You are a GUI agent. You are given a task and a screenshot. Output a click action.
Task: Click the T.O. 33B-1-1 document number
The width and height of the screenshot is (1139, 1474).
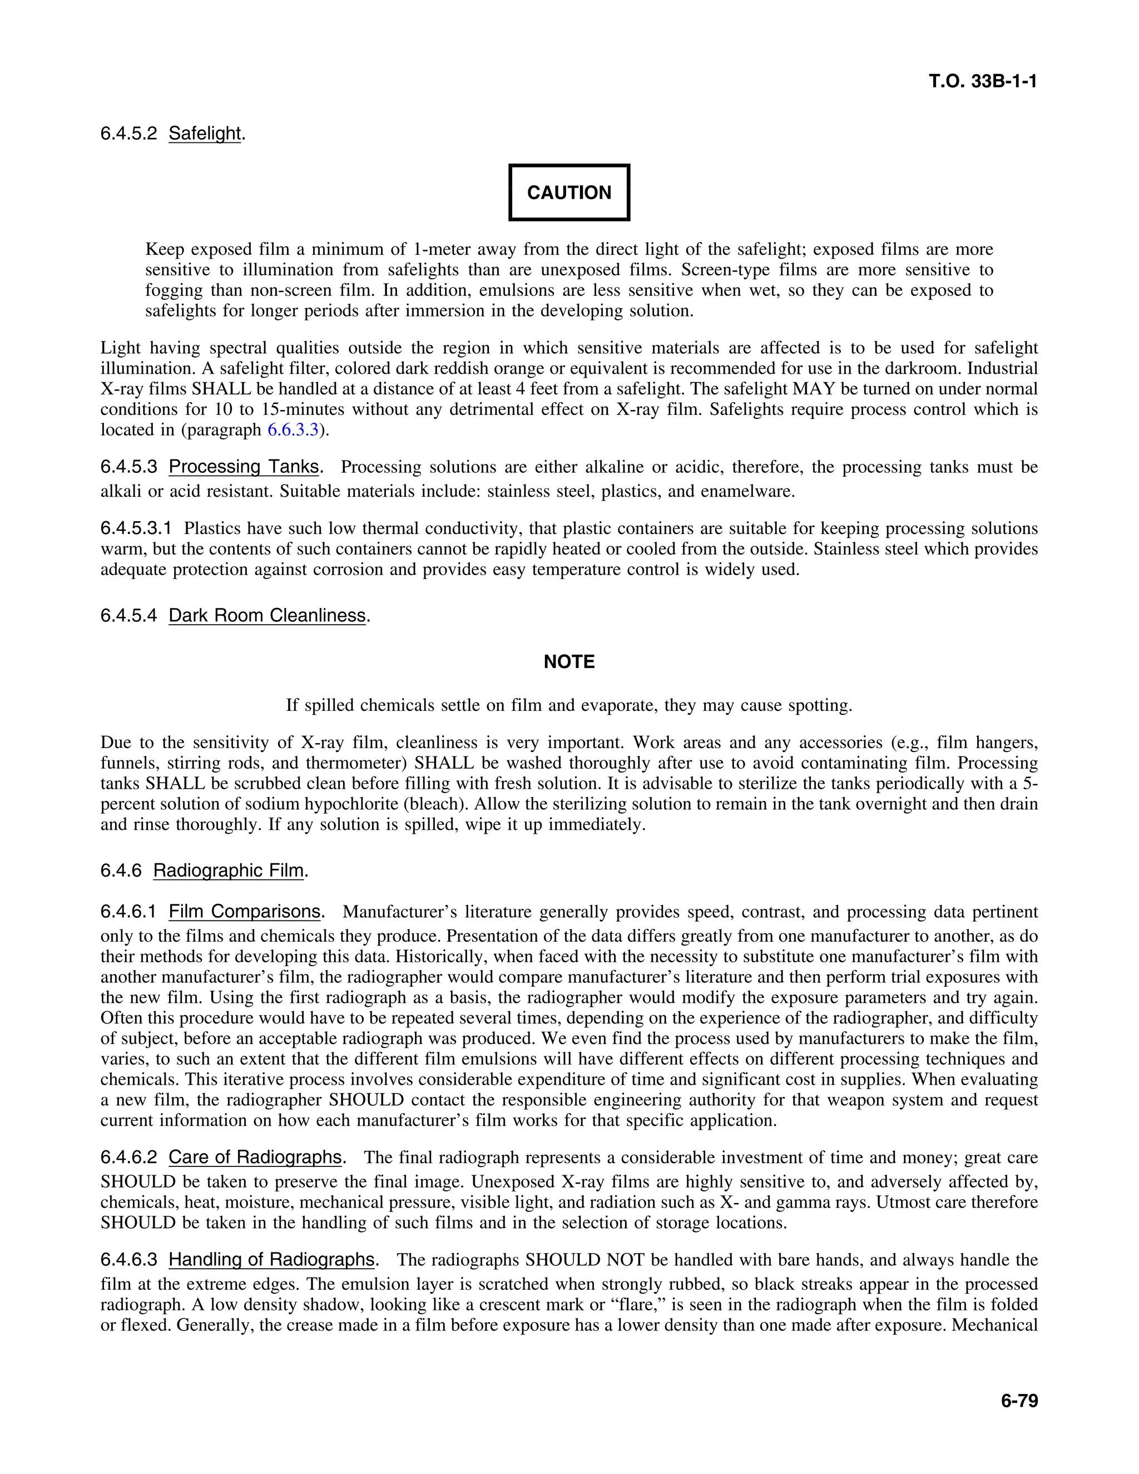[x=983, y=82]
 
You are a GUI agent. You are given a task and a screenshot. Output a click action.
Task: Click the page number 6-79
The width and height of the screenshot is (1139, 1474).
[x=1019, y=1401]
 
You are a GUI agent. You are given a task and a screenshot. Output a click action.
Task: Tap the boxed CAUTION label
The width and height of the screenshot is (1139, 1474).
[x=569, y=192]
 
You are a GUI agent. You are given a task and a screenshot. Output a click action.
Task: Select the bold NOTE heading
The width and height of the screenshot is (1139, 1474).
[x=569, y=661]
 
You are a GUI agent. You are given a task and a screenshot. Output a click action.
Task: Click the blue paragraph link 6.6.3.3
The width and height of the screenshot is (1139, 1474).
[x=293, y=430]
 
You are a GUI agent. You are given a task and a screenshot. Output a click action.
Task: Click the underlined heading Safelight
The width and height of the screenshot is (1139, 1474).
[x=205, y=133]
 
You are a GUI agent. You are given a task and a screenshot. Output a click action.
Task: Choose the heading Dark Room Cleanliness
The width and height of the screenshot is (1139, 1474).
[x=267, y=616]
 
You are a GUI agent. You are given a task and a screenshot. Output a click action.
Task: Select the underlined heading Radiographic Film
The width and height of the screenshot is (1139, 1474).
[x=228, y=870]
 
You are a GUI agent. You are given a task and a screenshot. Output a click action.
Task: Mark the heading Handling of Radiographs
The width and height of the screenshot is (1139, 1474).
[x=271, y=1259]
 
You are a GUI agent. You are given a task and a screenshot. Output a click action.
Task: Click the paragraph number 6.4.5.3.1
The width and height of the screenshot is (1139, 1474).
[x=136, y=528]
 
